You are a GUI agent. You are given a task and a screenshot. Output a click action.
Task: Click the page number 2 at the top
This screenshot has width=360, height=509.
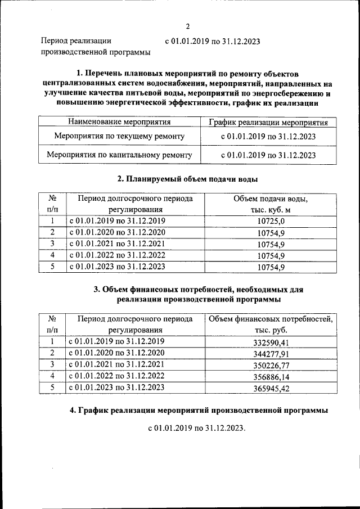[188, 26]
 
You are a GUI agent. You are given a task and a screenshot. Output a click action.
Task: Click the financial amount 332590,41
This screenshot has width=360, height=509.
[271, 342]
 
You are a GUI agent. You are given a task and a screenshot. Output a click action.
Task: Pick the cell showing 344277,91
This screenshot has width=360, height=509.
[271, 353]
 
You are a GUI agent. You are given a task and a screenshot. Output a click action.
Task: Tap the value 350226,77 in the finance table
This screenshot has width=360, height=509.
[271, 365]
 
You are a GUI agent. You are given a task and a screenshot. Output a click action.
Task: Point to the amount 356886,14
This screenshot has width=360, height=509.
[271, 376]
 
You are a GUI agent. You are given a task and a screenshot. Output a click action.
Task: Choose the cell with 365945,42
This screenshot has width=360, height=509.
[271, 388]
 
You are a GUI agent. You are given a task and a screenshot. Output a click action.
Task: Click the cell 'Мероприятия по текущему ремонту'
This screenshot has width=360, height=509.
[119, 136]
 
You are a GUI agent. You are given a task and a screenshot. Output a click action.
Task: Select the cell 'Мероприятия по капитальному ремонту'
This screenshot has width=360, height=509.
[119, 155]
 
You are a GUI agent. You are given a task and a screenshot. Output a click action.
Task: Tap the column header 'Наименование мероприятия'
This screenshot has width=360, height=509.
[119, 121]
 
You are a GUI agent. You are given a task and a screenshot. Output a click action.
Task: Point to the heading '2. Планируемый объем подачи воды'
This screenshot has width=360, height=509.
[187, 179]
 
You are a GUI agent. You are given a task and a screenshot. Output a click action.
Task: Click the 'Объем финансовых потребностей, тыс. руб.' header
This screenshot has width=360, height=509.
[271, 325]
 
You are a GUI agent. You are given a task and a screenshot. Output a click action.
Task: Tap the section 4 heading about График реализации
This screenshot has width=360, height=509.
[199, 411]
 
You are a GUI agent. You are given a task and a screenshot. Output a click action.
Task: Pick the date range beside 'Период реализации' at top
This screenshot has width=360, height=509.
[212, 41]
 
